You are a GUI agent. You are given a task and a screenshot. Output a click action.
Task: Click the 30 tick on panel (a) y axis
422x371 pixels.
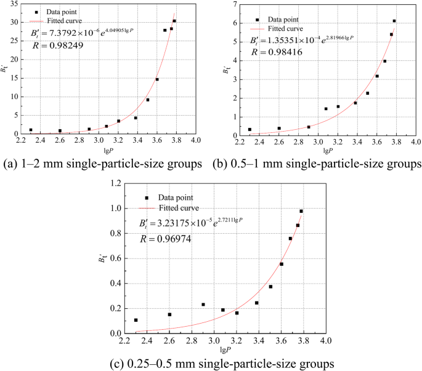coord(15,22)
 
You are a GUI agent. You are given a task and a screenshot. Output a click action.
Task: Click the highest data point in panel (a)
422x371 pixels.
coord(174,21)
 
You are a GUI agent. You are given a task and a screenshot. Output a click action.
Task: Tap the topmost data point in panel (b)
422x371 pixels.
coord(394,21)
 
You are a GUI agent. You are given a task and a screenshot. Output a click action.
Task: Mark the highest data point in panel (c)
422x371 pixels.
coord(301,211)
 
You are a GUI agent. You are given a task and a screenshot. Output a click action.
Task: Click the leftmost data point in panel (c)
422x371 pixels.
coord(136,320)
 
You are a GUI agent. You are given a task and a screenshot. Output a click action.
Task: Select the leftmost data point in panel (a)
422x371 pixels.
coord(31,130)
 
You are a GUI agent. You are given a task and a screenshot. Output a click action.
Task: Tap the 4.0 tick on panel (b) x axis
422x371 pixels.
coord(415,143)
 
